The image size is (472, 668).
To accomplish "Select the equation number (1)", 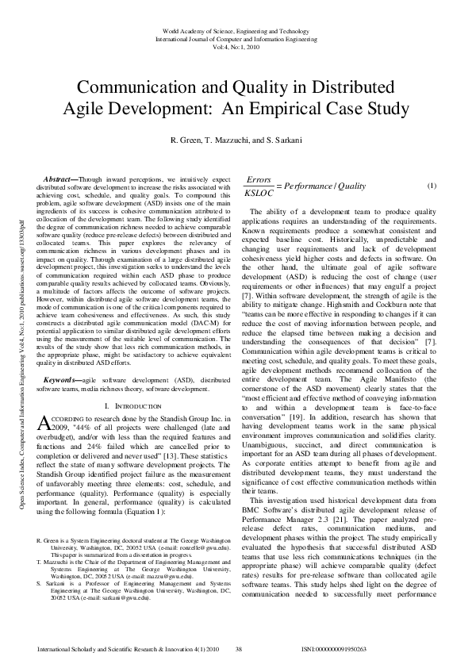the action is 432,186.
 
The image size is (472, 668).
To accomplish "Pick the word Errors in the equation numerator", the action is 259,180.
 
